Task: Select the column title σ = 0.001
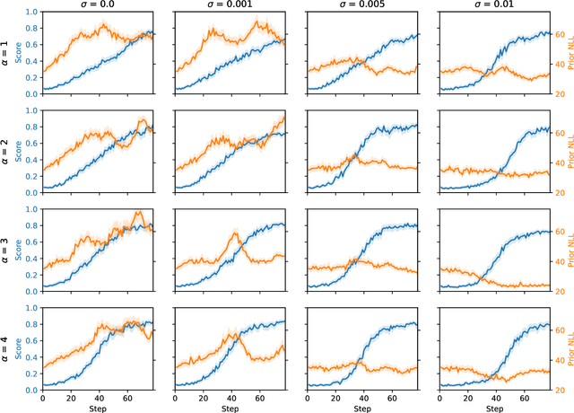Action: pos(230,5)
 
